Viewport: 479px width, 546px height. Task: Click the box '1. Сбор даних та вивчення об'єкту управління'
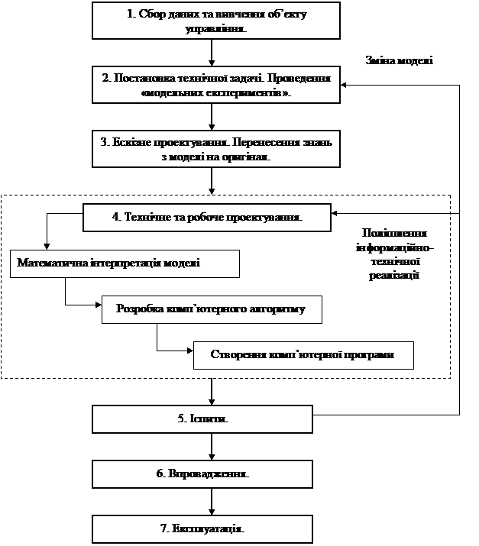pos(215,20)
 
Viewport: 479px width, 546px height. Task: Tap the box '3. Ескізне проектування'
pos(215,149)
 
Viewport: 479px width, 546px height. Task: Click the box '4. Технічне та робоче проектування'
pos(207,216)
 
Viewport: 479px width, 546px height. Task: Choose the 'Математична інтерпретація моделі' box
pos(125,263)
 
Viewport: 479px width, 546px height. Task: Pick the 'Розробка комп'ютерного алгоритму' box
pos(212,309)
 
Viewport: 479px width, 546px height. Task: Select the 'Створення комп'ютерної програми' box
pos(303,355)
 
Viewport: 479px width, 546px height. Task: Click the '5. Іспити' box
pos(202,419)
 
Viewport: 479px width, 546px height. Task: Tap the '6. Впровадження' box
pos(202,473)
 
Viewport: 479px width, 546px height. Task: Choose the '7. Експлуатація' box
pos(202,528)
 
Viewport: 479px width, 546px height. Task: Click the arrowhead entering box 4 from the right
pos(335,213)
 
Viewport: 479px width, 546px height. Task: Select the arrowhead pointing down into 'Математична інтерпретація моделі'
pos(47,246)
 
